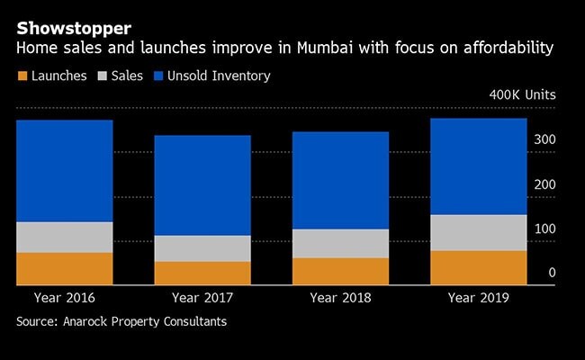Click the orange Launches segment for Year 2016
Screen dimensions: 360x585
coord(64,268)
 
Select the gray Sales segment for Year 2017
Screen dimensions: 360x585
coord(202,248)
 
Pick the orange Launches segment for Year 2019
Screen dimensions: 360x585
coord(479,267)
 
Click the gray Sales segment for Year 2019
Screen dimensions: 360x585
coord(479,232)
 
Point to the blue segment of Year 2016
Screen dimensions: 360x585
coord(64,171)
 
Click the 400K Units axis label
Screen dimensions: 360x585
coord(523,94)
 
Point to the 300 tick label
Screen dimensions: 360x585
coord(546,140)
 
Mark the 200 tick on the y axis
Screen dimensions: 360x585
coord(546,184)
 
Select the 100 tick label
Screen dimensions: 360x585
coord(546,229)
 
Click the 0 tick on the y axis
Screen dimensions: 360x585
coord(552,273)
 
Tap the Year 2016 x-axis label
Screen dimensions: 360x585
coord(64,297)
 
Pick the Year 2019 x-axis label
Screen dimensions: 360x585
coord(479,297)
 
